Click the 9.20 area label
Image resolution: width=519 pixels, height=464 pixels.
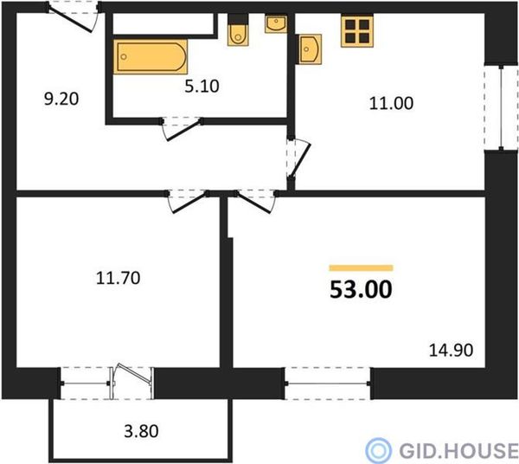tap(61, 99)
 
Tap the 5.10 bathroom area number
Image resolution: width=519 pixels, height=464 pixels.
tap(202, 86)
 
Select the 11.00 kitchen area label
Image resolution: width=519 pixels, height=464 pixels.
tap(391, 103)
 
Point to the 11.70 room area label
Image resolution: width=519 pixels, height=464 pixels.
tap(119, 278)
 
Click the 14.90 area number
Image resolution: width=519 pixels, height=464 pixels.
tap(452, 351)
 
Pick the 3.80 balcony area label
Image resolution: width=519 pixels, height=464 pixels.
tap(141, 431)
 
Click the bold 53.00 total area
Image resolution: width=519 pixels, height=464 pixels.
tap(361, 289)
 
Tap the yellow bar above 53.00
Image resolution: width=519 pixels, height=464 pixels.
tap(361, 268)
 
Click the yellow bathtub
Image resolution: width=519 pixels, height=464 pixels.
tap(151, 56)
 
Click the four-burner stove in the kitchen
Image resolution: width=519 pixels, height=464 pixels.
tap(357, 31)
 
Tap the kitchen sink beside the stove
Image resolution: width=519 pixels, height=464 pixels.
tap(310, 49)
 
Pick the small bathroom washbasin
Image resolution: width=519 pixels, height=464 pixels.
tap(276, 23)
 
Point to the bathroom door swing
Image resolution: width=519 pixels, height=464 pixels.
tap(182, 129)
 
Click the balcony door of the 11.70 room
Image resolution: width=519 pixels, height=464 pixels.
tap(131, 383)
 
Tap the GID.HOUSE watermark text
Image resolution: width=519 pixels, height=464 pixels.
tap(458, 450)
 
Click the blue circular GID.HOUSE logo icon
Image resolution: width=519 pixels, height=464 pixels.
tap(378, 450)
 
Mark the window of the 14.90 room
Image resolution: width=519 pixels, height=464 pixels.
tap(328, 383)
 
